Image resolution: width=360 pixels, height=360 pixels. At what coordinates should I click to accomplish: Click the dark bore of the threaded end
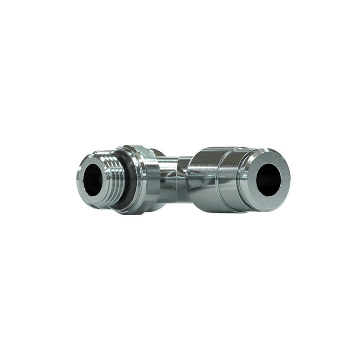(93, 180)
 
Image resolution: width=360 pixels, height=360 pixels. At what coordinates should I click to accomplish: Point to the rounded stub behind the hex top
(158, 152)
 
